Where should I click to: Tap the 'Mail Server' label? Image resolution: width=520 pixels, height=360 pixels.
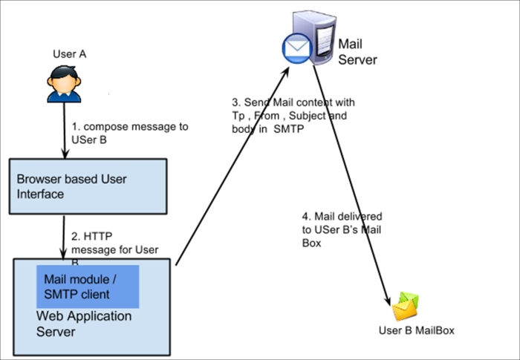(357, 52)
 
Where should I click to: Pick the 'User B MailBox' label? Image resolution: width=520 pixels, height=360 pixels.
(416, 330)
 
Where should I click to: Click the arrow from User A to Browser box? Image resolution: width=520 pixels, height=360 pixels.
(65, 130)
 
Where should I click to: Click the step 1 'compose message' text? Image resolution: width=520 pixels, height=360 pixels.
(130, 133)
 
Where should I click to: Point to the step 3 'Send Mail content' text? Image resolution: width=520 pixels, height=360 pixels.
(293, 115)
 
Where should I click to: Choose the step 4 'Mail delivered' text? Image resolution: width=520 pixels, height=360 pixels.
(342, 229)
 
